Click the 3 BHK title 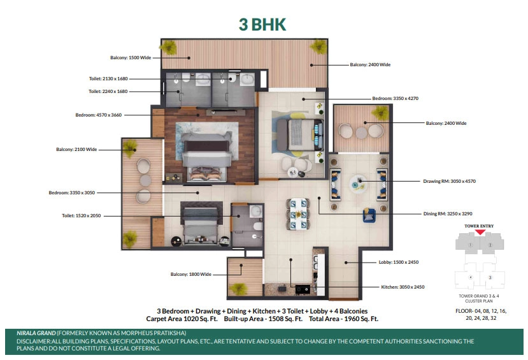[262, 25]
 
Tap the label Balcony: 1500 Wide [131, 57]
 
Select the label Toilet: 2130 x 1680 [108, 78]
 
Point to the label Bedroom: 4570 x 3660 [98, 115]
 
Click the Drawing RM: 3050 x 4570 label [449, 181]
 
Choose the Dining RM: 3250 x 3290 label [448, 213]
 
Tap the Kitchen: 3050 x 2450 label [403, 287]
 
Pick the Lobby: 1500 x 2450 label [398, 262]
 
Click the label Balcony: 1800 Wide [191, 274]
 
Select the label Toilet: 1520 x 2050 [81, 215]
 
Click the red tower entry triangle [480, 232]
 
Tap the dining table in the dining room [299, 214]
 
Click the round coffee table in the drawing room [357, 184]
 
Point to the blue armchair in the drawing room [369, 215]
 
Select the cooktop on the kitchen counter [303, 289]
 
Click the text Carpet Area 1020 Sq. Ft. [182, 319]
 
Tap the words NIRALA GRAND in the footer [36, 333]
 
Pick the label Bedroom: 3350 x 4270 [395, 98]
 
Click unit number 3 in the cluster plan [490, 278]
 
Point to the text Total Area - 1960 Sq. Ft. [343, 319]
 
